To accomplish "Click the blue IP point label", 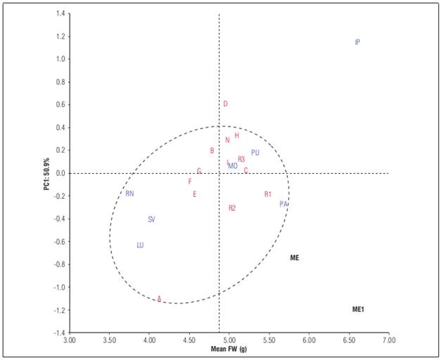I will click(x=357, y=42).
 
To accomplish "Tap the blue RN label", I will click(x=129, y=193).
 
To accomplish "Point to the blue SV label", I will click(x=151, y=219).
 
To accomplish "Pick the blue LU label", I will click(x=140, y=245).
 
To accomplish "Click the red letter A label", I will click(x=159, y=299).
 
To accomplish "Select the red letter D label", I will click(x=225, y=104).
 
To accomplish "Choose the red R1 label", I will click(x=268, y=194).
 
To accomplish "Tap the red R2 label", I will click(x=232, y=208).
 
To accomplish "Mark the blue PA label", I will click(x=283, y=204).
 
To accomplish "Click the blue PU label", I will click(x=255, y=153).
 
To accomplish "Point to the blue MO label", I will click(x=233, y=166).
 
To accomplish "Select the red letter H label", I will click(x=237, y=136).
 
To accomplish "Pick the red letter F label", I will click(x=190, y=181).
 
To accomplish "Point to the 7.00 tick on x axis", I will click(x=388, y=340).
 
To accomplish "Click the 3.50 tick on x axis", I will click(x=108, y=340).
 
